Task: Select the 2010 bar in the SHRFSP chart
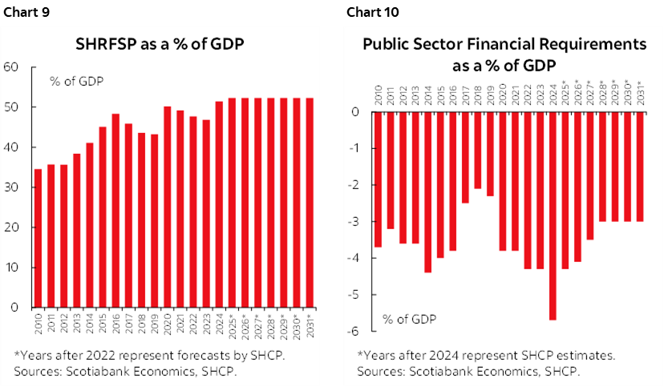[x=37, y=238]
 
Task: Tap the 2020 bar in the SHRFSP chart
[x=167, y=207]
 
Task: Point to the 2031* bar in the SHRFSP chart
[x=310, y=203]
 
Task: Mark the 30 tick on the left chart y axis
[x=11, y=187]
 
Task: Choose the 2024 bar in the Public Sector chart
[x=553, y=216]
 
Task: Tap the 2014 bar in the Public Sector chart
[x=427, y=192]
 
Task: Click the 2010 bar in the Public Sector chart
[x=378, y=179]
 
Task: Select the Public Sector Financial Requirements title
[x=504, y=54]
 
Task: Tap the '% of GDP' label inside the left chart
[x=76, y=81]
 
